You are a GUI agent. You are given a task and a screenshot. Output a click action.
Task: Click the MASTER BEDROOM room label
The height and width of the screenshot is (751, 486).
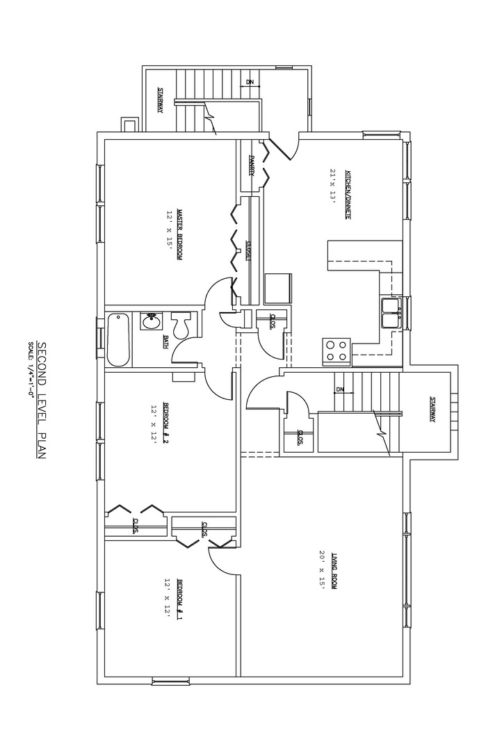click(x=179, y=234)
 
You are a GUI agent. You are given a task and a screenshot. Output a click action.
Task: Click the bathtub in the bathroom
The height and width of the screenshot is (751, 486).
click(x=118, y=339)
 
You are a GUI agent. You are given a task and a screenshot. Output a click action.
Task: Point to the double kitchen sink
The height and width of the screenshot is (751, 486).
click(x=390, y=314)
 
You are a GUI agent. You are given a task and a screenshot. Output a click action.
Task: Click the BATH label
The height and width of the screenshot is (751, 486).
click(x=165, y=341)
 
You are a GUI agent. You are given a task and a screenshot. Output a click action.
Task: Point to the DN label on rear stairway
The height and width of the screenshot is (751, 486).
click(x=250, y=83)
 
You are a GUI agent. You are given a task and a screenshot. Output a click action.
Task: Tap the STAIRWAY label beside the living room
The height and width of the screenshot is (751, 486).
click(x=432, y=410)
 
